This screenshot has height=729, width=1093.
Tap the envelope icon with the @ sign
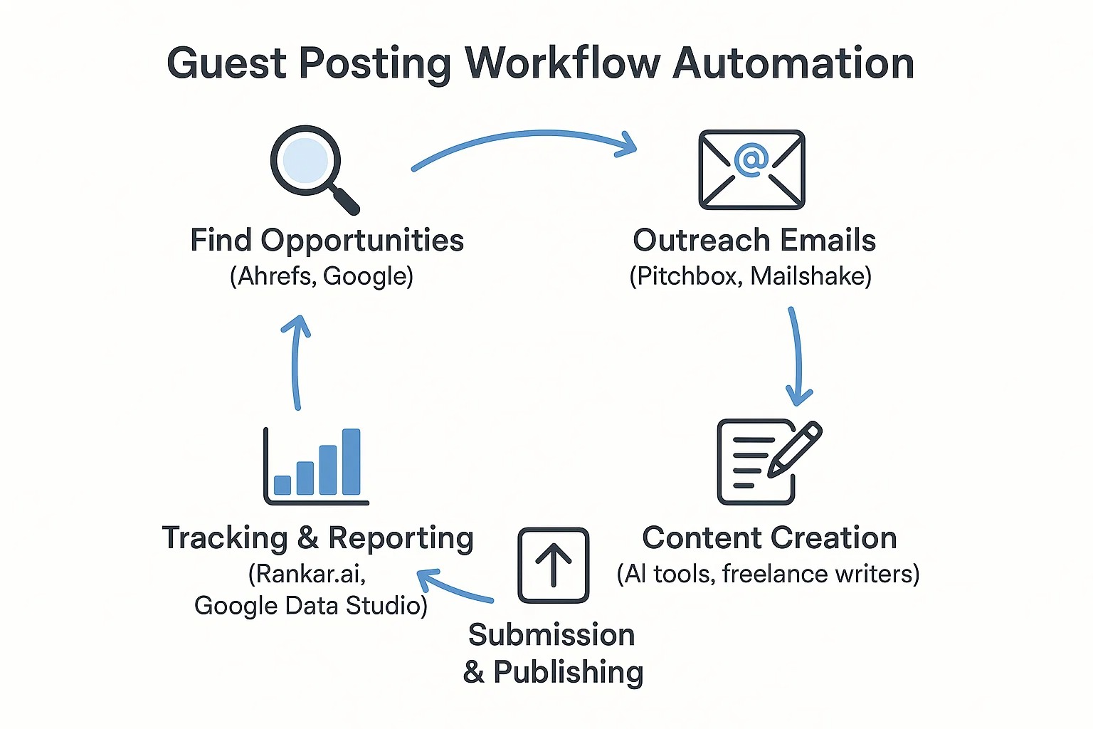751,169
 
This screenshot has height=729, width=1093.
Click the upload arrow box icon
554,565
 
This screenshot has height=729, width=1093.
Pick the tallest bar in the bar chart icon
352,461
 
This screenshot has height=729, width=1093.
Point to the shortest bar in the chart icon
283,485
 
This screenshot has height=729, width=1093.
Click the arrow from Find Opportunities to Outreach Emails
527,138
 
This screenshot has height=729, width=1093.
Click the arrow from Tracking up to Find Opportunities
296,363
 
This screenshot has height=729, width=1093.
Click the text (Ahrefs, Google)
322,276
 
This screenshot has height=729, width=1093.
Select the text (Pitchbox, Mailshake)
751,276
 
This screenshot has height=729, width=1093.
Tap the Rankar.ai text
307,574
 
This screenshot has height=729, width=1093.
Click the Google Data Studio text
310,606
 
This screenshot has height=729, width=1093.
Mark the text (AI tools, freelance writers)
768,574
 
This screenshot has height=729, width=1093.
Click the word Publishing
568,672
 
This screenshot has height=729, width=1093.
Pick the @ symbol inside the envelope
751,159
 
